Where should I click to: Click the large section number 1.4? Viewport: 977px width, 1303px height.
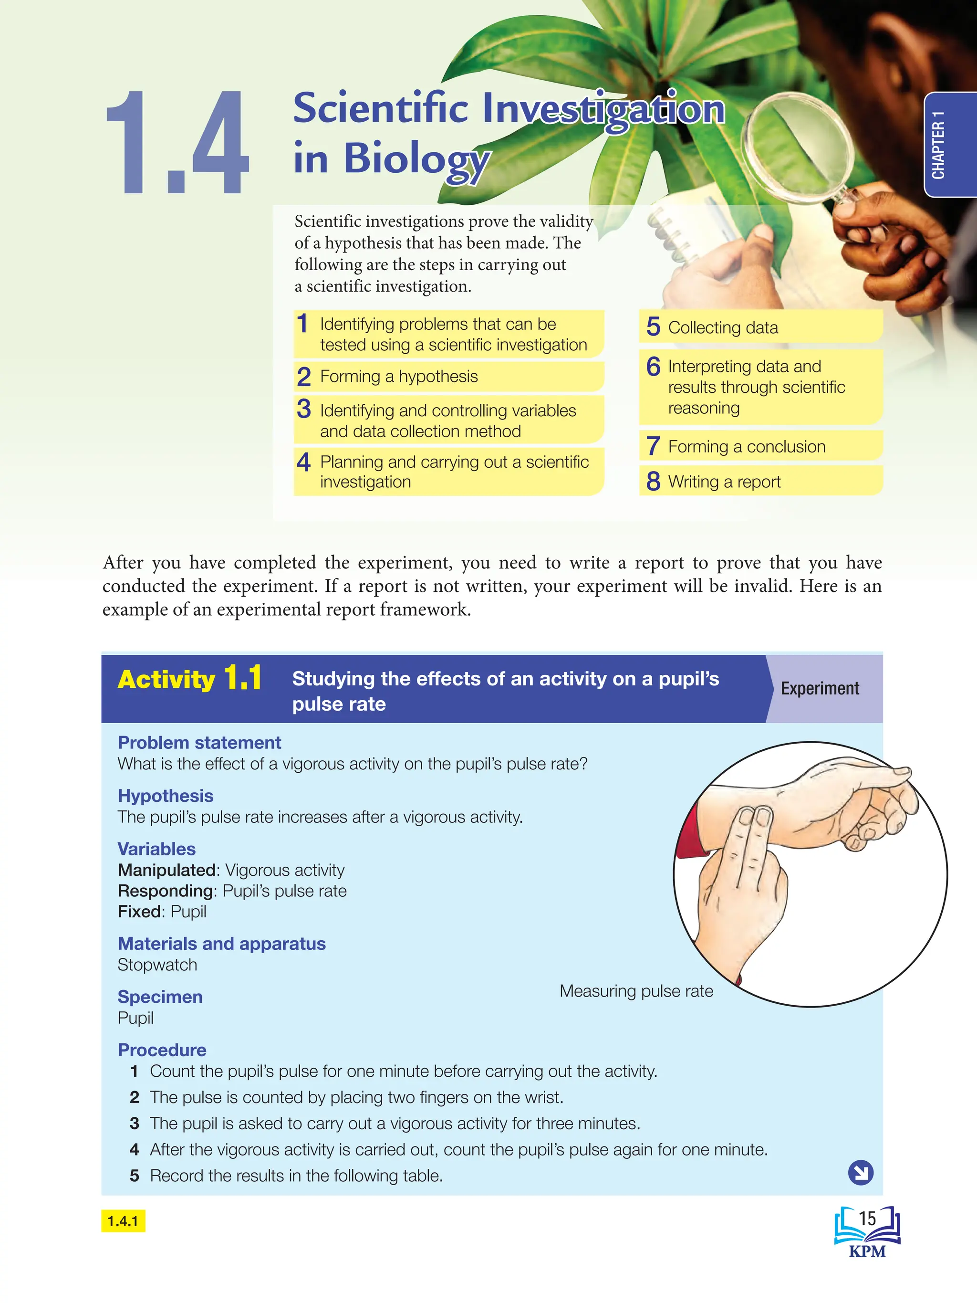(177, 143)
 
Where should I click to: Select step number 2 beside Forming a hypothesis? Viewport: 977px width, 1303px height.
(304, 377)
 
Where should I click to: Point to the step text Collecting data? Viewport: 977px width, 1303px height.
(723, 327)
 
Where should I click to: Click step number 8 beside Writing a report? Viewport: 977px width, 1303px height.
(653, 482)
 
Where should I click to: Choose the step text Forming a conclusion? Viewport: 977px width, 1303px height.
(746, 447)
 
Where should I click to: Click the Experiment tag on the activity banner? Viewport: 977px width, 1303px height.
(819, 688)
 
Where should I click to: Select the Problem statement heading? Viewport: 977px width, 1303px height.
(199, 742)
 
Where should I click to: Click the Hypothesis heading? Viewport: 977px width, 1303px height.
(166, 796)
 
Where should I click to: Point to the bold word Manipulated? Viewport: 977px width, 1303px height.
(166, 870)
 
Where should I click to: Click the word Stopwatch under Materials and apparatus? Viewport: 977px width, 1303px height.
(157, 965)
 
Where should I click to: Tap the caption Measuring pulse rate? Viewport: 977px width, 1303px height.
(636, 991)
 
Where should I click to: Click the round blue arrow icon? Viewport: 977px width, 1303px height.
(861, 1172)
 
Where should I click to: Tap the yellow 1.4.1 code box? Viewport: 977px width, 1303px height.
(123, 1221)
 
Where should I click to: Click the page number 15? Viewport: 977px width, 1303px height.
(867, 1218)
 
